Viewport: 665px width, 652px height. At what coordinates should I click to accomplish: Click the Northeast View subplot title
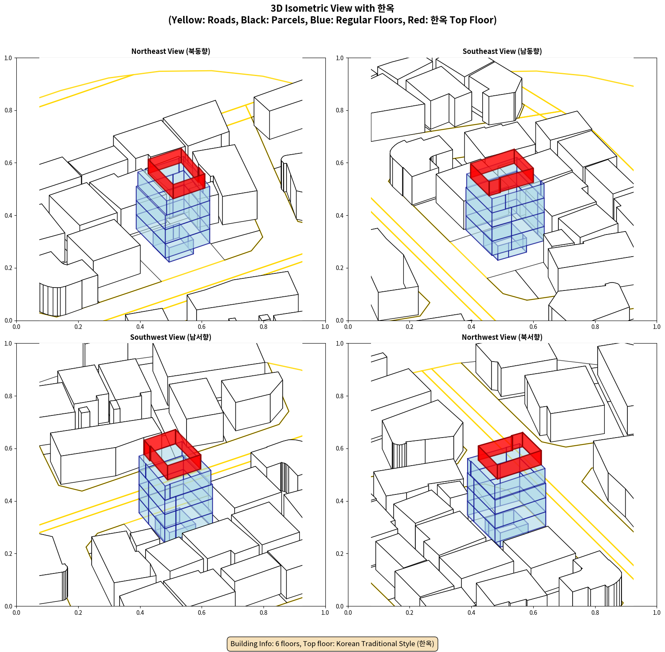pos(171,51)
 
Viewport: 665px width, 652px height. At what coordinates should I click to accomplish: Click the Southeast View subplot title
pos(502,51)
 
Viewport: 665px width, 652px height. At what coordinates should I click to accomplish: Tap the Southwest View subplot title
pos(171,337)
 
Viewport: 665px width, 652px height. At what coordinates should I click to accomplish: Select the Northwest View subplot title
pos(502,337)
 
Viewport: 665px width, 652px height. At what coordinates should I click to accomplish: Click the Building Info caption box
pos(332,644)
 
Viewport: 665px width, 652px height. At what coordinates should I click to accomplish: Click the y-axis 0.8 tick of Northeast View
pos(8,110)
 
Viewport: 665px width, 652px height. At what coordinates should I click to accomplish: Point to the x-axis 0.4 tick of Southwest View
pos(140,613)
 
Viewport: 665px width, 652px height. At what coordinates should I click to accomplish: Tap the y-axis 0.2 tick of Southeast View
pos(340,268)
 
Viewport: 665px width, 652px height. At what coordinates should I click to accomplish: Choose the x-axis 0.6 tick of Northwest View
pos(533,613)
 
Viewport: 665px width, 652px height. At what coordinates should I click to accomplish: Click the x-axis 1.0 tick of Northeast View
pos(325,327)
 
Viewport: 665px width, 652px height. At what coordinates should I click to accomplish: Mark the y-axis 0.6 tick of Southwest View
pos(8,448)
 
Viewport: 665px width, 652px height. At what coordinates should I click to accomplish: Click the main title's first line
pos(332,8)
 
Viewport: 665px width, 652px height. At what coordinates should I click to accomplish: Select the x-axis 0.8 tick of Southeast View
pos(595,327)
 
